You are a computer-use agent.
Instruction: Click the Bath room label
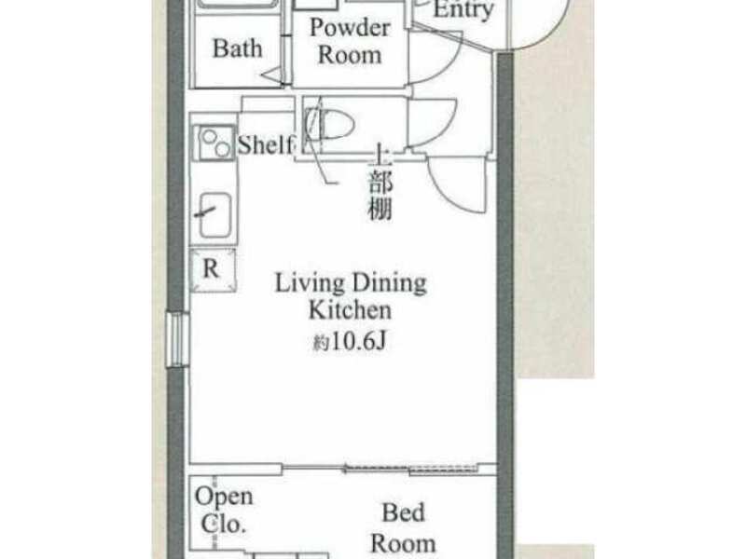pos(238,48)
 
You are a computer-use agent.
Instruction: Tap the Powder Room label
pos(350,41)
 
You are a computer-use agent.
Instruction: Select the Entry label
pos(463,10)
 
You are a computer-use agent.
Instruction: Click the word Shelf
pos(266,144)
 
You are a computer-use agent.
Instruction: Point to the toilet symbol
pos(330,124)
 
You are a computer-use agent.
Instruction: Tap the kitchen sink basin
pos(215,215)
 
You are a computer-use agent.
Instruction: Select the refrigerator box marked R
pos(213,270)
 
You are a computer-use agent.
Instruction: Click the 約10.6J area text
pos(349,341)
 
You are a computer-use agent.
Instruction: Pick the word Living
pos(310,283)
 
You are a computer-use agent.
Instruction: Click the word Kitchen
pos(351,310)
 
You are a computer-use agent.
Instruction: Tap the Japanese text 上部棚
pos(380,183)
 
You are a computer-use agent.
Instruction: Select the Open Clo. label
pos(224,511)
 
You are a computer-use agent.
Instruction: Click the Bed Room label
pos(403,528)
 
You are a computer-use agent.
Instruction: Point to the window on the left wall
pos(178,339)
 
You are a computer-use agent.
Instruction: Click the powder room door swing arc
pos(448,66)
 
